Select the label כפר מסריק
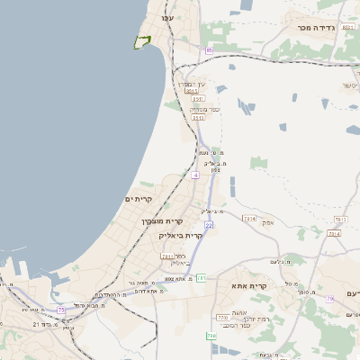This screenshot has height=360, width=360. pyautogui.click(x=199, y=110)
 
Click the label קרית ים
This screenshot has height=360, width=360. pyautogui.click(x=139, y=199)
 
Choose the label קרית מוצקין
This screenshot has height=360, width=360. pyautogui.click(x=161, y=220)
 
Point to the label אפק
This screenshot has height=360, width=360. pyautogui.click(x=267, y=222)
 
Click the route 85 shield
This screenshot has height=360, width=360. pyautogui.click(x=209, y=50)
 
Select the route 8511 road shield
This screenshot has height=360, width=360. pyautogui.click(x=191, y=91)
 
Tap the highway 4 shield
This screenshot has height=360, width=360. pyautogui.click(x=195, y=175)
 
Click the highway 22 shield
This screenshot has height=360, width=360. pyautogui.click(x=208, y=225)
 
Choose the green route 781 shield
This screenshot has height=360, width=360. pyautogui.click(x=201, y=278)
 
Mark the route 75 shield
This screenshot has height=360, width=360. pyautogui.click(x=61, y=310)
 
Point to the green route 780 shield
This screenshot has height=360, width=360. pyautogui.click(x=211, y=336)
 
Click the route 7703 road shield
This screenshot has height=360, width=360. pyautogui.click(x=222, y=318)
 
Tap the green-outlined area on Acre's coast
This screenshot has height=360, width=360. pyautogui.click(x=141, y=41)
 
